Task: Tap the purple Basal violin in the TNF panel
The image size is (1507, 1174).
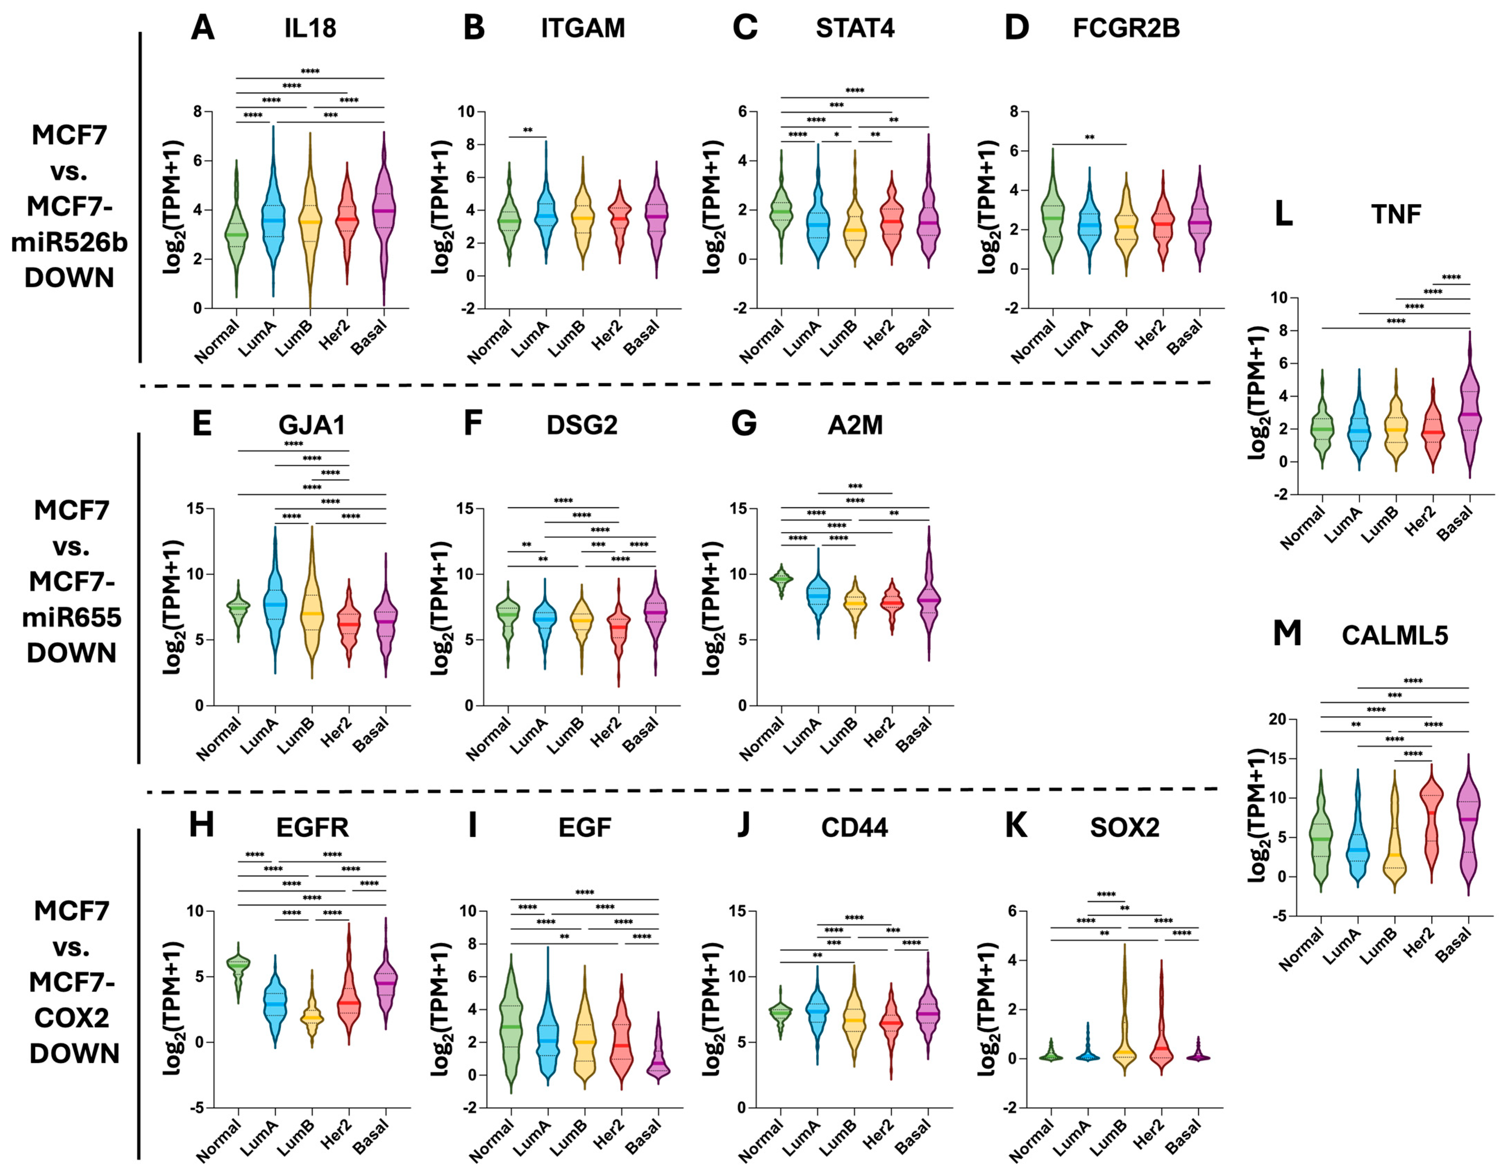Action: (1470, 414)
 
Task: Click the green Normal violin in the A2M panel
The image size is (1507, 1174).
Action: (782, 578)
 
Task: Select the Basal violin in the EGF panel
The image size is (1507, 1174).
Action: (658, 1059)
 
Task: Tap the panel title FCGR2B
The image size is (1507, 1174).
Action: (1126, 28)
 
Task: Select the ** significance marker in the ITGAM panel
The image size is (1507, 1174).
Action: (528, 131)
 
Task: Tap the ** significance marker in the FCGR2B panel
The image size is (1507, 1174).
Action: (1089, 137)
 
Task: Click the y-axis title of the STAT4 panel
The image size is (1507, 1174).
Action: (714, 207)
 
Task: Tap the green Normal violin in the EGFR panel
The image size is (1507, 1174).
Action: (239, 966)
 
